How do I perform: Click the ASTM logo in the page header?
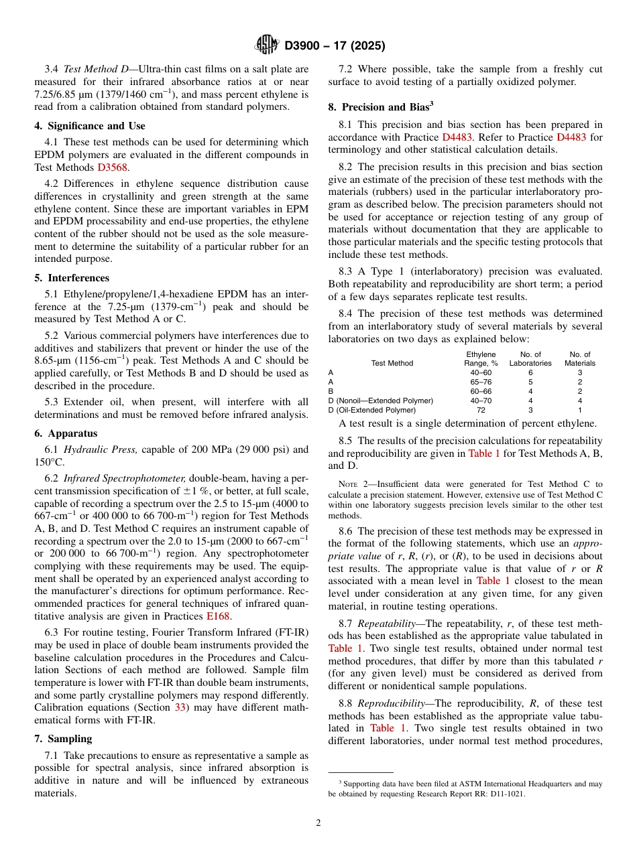pyautogui.click(x=268, y=46)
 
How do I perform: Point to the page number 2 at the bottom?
pyautogui.click(x=318, y=823)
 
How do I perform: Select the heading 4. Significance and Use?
pyautogui.click(x=89, y=126)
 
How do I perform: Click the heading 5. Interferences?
pyautogui.click(x=72, y=278)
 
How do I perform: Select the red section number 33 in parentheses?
pyautogui.click(x=182, y=707)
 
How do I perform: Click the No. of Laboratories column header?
pyautogui.click(x=530, y=358)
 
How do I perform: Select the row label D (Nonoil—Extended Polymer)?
pyautogui.click(x=380, y=401)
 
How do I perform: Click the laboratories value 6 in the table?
pyautogui.click(x=530, y=372)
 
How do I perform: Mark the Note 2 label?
pyautogui.click(x=353, y=484)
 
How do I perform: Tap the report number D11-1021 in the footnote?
pyautogui.click(x=508, y=794)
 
